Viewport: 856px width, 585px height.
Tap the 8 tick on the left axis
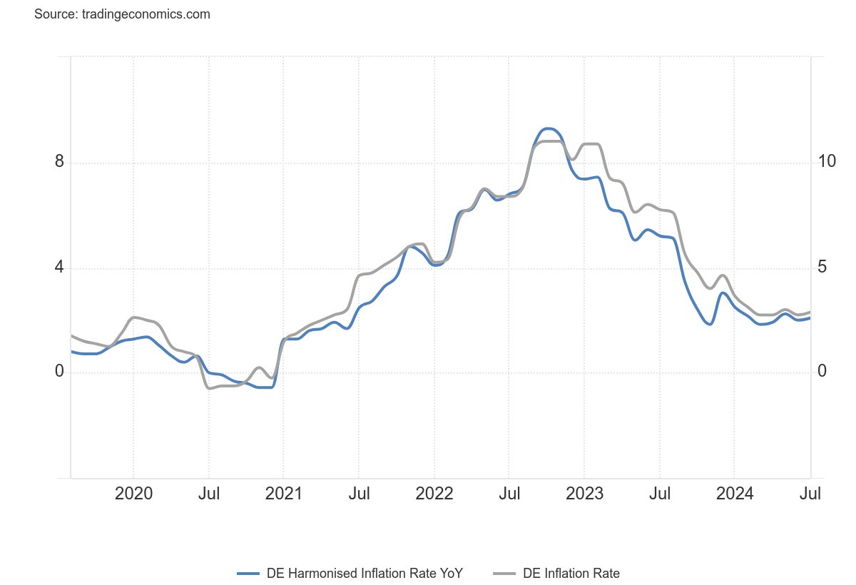[x=59, y=161]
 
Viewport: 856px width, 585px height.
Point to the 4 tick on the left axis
[x=59, y=267]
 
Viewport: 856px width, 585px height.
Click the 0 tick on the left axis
[x=59, y=371]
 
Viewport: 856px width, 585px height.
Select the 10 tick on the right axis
[x=827, y=161]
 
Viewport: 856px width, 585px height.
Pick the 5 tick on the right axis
[x=822, y=267]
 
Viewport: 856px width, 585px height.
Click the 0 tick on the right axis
[x=822, y=371]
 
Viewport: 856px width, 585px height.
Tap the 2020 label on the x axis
[x=133, y=494]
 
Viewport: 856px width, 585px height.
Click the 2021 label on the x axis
[x=284, y=494]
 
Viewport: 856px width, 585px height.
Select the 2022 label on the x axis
[x=434, y=494]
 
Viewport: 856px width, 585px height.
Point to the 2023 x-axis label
[x=584, y=494]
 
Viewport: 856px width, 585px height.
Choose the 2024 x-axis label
[x=735, y=494]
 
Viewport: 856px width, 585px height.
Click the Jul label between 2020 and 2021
[x=208, y=494]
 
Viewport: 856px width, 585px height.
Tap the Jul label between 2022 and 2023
[x=509, y=494]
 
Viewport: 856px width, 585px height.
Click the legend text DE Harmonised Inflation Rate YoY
[x=365, y=573]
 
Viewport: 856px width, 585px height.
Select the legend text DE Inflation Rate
[x=571, y=573]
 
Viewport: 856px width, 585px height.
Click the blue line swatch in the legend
[x=248, y=574]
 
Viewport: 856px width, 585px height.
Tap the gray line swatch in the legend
[x=504, y=574]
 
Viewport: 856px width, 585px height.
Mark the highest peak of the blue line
[x=549, y=128]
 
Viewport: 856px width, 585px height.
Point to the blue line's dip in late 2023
[x=710, y=324]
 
